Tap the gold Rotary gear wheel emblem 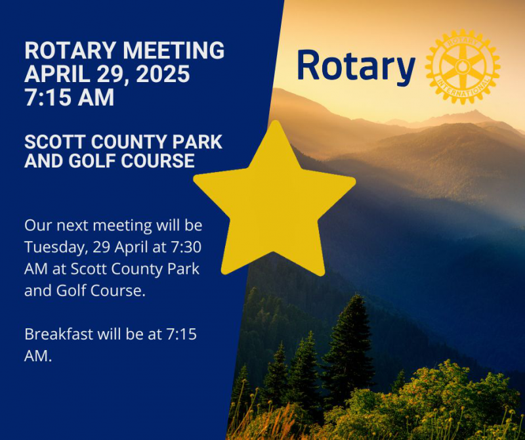point(463,66)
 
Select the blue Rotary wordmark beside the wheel point(356,67)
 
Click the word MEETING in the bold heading point(173,51)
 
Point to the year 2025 point(163,74)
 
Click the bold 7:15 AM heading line point(70,97)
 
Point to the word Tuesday point(56,248)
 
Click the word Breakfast point(58,334)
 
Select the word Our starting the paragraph point(38,225)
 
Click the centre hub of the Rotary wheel point(463,66)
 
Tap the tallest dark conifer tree point(349,349)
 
